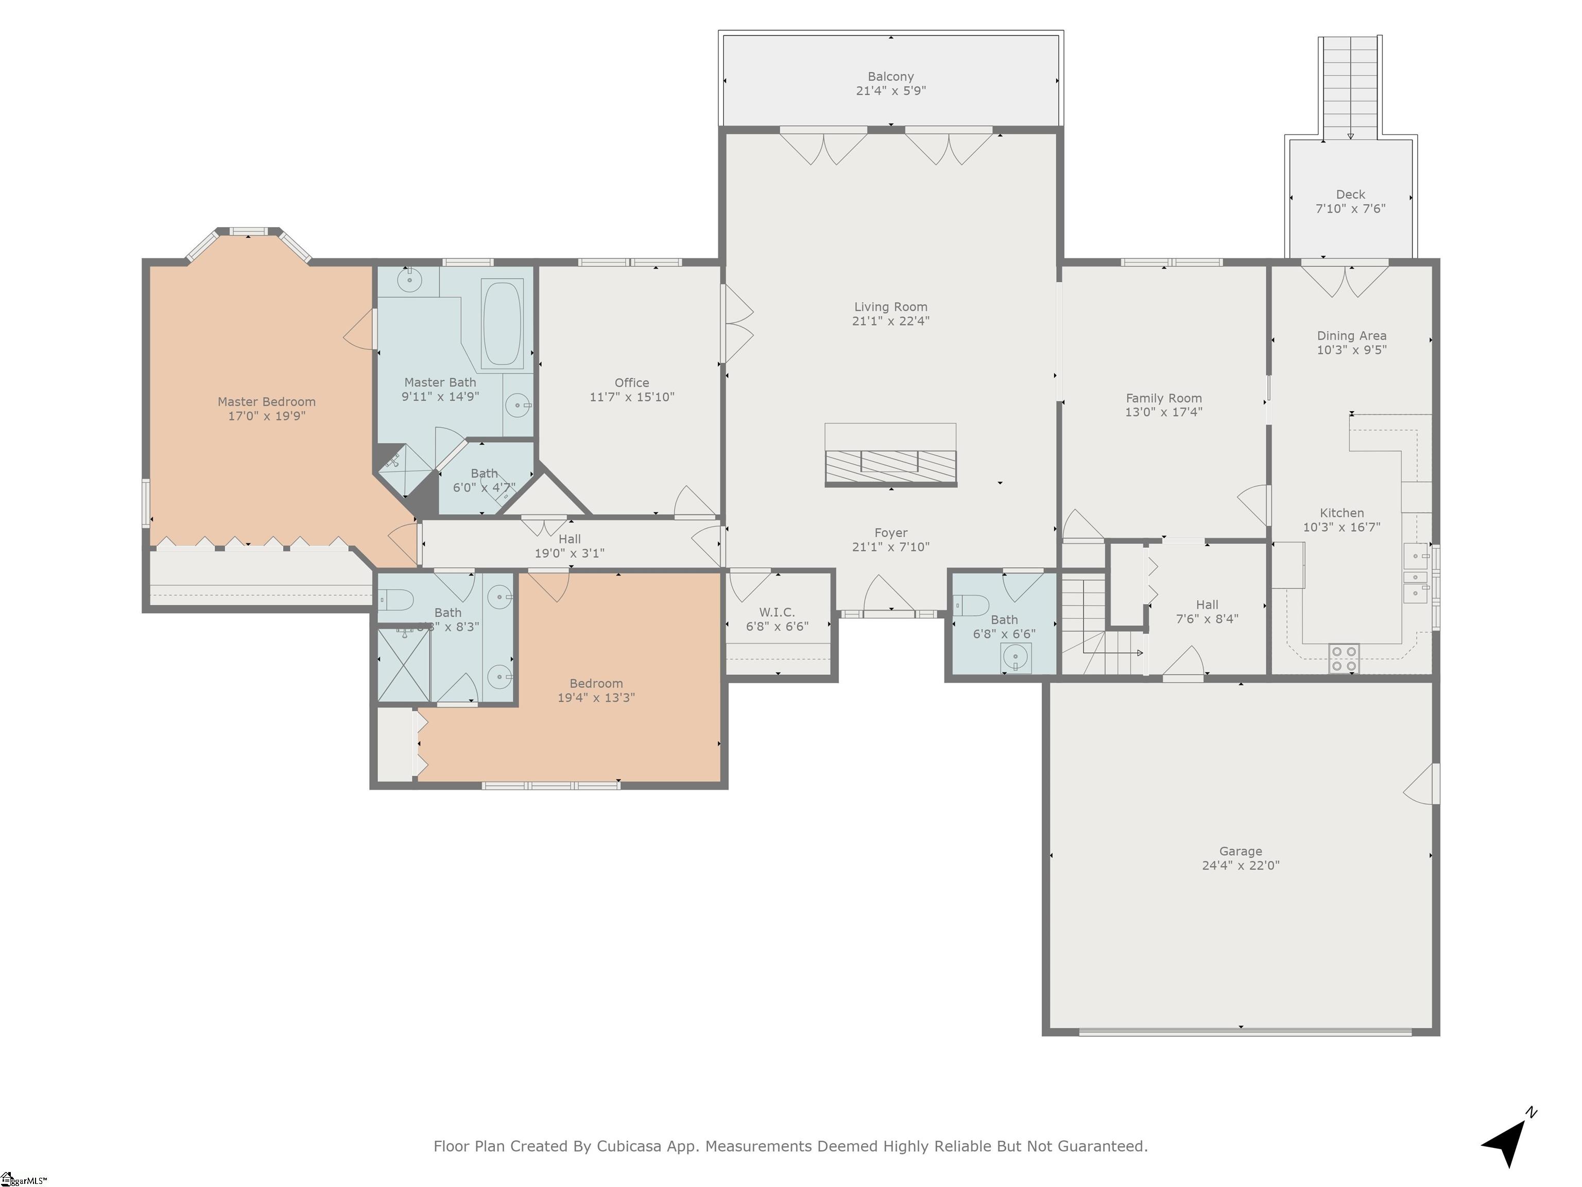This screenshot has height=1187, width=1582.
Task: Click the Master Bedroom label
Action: (266, 402)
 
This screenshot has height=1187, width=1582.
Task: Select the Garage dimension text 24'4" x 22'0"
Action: (1240, 865)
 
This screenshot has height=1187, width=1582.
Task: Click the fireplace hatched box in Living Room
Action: (890, 466)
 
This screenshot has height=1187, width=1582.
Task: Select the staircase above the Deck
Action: (1350, 86)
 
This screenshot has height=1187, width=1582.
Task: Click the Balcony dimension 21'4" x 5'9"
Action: (890, 91)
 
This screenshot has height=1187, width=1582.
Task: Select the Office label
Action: (631, 383)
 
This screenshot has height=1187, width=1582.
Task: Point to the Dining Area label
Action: (1351, 335)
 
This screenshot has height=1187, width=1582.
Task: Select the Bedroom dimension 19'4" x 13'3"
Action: (596, 698)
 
